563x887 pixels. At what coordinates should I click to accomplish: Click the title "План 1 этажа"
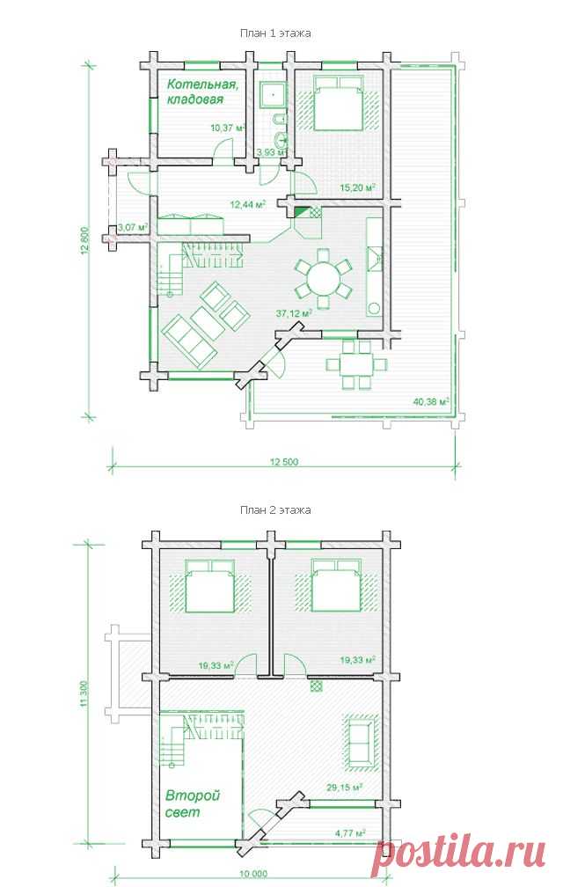[x=275, y=33]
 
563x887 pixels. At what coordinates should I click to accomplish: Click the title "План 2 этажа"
[x=275, y=509]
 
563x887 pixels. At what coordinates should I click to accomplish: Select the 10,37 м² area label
[x=227, y=128]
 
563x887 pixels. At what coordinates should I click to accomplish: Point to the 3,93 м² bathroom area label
[x=271, y=152]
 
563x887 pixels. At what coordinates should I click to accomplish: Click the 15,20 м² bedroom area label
[x=359, y=187]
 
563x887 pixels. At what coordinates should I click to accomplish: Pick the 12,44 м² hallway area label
[x=248, y=204]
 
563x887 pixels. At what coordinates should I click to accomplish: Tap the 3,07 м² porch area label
[x=133, y=227]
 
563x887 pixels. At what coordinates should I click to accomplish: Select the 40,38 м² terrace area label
[x=431, y=402]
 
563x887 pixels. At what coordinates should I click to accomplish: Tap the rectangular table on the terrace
[x=356, y=363]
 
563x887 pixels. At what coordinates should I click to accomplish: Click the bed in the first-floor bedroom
[x=338, y=104]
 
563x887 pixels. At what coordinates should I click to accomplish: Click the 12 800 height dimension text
[x=85, y=242]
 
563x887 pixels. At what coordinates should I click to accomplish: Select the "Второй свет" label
[x=192, y=804]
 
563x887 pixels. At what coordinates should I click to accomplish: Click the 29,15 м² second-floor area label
[x=344, y=787]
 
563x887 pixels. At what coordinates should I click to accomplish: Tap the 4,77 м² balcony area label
[x=350, y=832]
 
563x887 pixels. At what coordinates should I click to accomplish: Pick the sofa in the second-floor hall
[x=360, y=742]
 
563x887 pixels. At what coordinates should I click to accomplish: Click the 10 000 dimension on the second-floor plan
[x=253, y=874]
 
